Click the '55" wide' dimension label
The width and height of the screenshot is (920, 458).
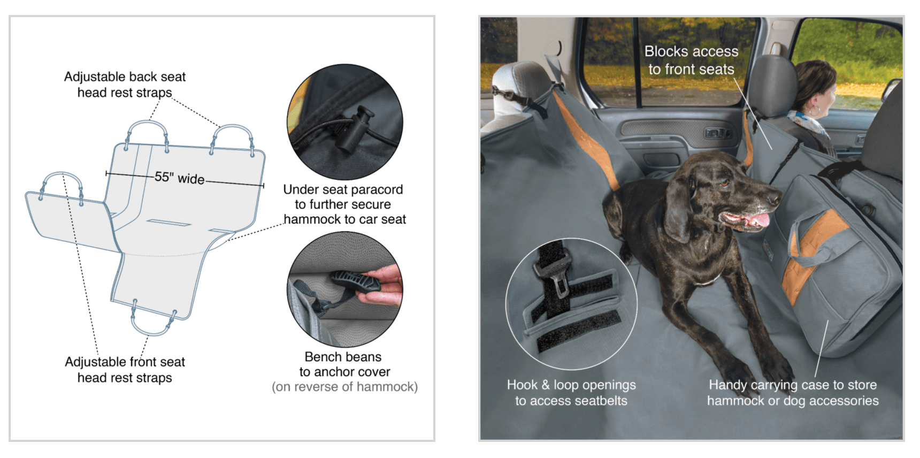[180, 178]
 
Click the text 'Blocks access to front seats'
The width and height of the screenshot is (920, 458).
[691, 60]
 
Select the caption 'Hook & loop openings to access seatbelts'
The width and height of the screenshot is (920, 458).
[571, 393]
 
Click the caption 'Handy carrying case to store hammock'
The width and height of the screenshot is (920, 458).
[793, 393]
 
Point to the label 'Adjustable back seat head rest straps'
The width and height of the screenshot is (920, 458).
[125, 85]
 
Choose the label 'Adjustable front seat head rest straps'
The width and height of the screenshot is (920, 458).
[125, 370]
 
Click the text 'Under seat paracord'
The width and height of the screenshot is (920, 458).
[343, 189]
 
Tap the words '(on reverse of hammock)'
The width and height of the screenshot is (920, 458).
[344, 387]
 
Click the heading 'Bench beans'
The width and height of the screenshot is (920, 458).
[343, 357]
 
